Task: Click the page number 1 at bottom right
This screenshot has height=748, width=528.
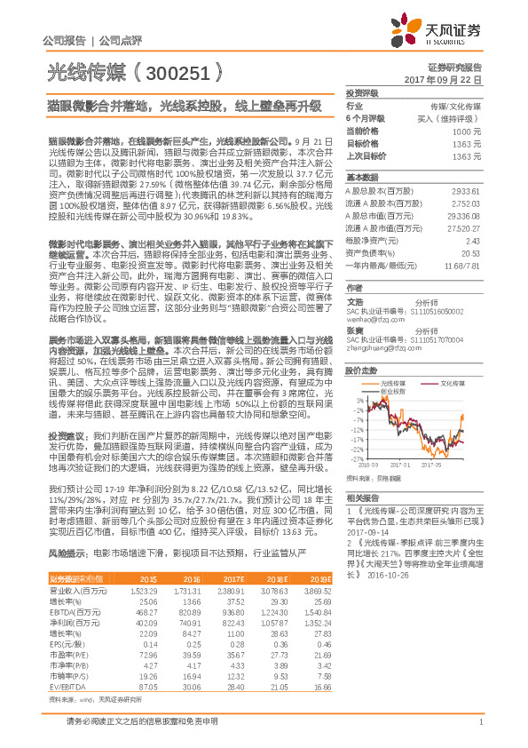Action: (480, 731)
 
